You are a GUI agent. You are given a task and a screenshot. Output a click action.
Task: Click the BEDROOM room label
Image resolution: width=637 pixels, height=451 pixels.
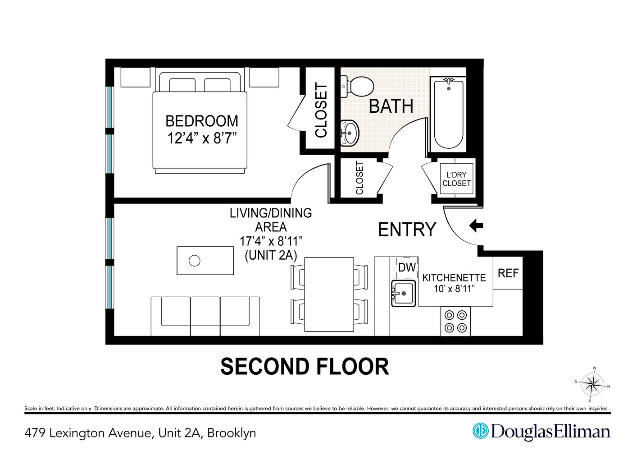tap(201, 121)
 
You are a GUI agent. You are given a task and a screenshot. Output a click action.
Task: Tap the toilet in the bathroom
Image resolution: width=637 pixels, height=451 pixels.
tap(358, 86)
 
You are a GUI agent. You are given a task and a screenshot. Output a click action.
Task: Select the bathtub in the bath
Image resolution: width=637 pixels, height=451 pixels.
tap(448, 114)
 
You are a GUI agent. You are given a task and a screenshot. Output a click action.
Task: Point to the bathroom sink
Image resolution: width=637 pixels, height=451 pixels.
tap(350, 133)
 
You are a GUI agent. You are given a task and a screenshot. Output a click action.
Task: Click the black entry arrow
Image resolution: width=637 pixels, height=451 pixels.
tap(476, 225)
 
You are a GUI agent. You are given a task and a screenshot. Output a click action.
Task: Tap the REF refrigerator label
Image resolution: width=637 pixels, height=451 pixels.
tap(508, 273)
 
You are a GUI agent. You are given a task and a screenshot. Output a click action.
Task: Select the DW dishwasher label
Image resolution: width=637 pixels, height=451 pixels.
tap(407, 267)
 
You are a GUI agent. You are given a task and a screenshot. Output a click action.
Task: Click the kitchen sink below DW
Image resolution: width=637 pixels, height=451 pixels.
tap(403, 294)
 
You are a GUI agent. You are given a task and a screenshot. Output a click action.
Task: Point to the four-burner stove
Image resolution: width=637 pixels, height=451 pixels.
tap(455, 322)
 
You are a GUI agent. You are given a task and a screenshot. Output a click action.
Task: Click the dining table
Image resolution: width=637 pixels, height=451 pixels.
tap(329, 295)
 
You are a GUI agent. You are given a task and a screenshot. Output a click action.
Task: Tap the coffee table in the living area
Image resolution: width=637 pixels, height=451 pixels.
tap(205, 261)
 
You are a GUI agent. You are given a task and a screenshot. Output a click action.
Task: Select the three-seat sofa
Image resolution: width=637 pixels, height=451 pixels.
tap(205, 316)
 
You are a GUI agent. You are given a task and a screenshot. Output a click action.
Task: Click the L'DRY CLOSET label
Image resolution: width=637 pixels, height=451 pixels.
tap(456, 179)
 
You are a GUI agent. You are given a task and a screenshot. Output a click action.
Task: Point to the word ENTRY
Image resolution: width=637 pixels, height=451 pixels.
tap(407, 230)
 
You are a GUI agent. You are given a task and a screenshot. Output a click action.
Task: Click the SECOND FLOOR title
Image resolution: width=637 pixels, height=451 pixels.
tap(305, 367)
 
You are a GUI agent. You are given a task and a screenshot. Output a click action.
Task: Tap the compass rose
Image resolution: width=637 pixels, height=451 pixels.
tap(592, 385)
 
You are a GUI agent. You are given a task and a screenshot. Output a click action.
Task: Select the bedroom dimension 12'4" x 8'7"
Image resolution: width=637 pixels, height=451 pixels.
tap(202, 138)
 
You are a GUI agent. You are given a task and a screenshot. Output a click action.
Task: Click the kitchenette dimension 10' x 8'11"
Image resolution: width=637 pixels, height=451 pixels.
tap(454, 289)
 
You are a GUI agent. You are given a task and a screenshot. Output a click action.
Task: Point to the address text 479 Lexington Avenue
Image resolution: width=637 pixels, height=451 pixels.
tap(88, 433)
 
